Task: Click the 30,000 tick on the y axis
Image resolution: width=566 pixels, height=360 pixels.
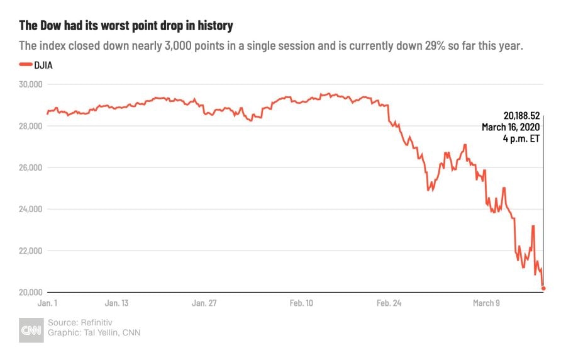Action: pos(30,84)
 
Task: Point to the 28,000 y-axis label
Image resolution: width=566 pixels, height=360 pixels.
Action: pos(30,126)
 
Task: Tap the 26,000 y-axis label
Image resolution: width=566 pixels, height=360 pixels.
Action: pos(30,167)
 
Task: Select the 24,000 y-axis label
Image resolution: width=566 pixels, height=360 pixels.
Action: pos(30,209)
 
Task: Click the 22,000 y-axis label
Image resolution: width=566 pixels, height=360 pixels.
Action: pos(30,250)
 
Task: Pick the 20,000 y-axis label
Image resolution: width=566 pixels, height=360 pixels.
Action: pos(30,292)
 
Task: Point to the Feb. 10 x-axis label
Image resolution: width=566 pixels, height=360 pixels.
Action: pos(301,303)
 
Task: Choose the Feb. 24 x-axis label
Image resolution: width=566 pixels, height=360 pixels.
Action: pos(388,303)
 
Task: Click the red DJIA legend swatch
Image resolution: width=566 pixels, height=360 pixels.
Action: pos(25,64)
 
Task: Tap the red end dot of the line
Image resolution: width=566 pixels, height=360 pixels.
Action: pos(543,288)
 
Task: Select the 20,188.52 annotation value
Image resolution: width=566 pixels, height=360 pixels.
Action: pos(521,116)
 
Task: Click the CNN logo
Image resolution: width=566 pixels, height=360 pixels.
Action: pos(31,329)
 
